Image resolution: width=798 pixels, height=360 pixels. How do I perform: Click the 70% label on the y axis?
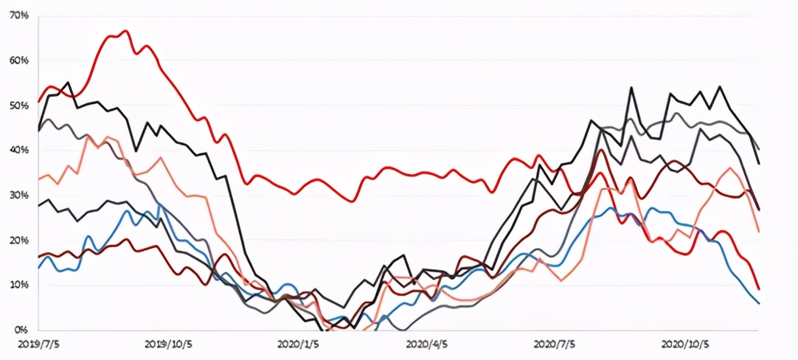(x=20, y=15)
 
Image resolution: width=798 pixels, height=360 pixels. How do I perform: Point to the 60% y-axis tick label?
(x=20, y=60)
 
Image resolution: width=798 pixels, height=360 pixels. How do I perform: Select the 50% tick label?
(x=20, y=105)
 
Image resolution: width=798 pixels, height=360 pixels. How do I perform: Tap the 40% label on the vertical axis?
(x=20, y=150)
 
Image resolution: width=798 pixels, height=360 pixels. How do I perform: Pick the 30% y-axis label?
(x=20, y=195)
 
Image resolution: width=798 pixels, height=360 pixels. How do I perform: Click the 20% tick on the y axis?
(x=20, y=241)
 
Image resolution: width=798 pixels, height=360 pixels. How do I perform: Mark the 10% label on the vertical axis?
(x=20, y=285)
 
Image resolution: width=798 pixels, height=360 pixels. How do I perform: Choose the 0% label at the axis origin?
(x=22, y=330)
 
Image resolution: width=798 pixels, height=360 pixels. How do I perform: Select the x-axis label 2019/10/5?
(x=168, y=344)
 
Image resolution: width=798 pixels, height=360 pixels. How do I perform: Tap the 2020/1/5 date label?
(x=299, y=344)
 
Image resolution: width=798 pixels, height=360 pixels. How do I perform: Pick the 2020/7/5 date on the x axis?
(x=556, y=344)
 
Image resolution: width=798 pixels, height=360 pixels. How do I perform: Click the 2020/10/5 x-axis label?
(x=686, y=344)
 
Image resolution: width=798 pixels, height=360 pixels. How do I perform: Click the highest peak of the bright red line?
(x=125, y=31)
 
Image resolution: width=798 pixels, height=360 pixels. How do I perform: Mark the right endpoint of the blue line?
(x=759, y=303)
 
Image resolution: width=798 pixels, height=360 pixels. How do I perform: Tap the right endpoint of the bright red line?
(x=759, y=288)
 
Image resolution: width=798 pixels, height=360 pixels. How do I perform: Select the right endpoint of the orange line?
(x=759, y=232)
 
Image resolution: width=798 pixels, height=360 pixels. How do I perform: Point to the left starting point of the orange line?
(x=38, y=179)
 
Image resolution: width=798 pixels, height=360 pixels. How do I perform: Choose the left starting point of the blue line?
(x=38, y=268)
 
